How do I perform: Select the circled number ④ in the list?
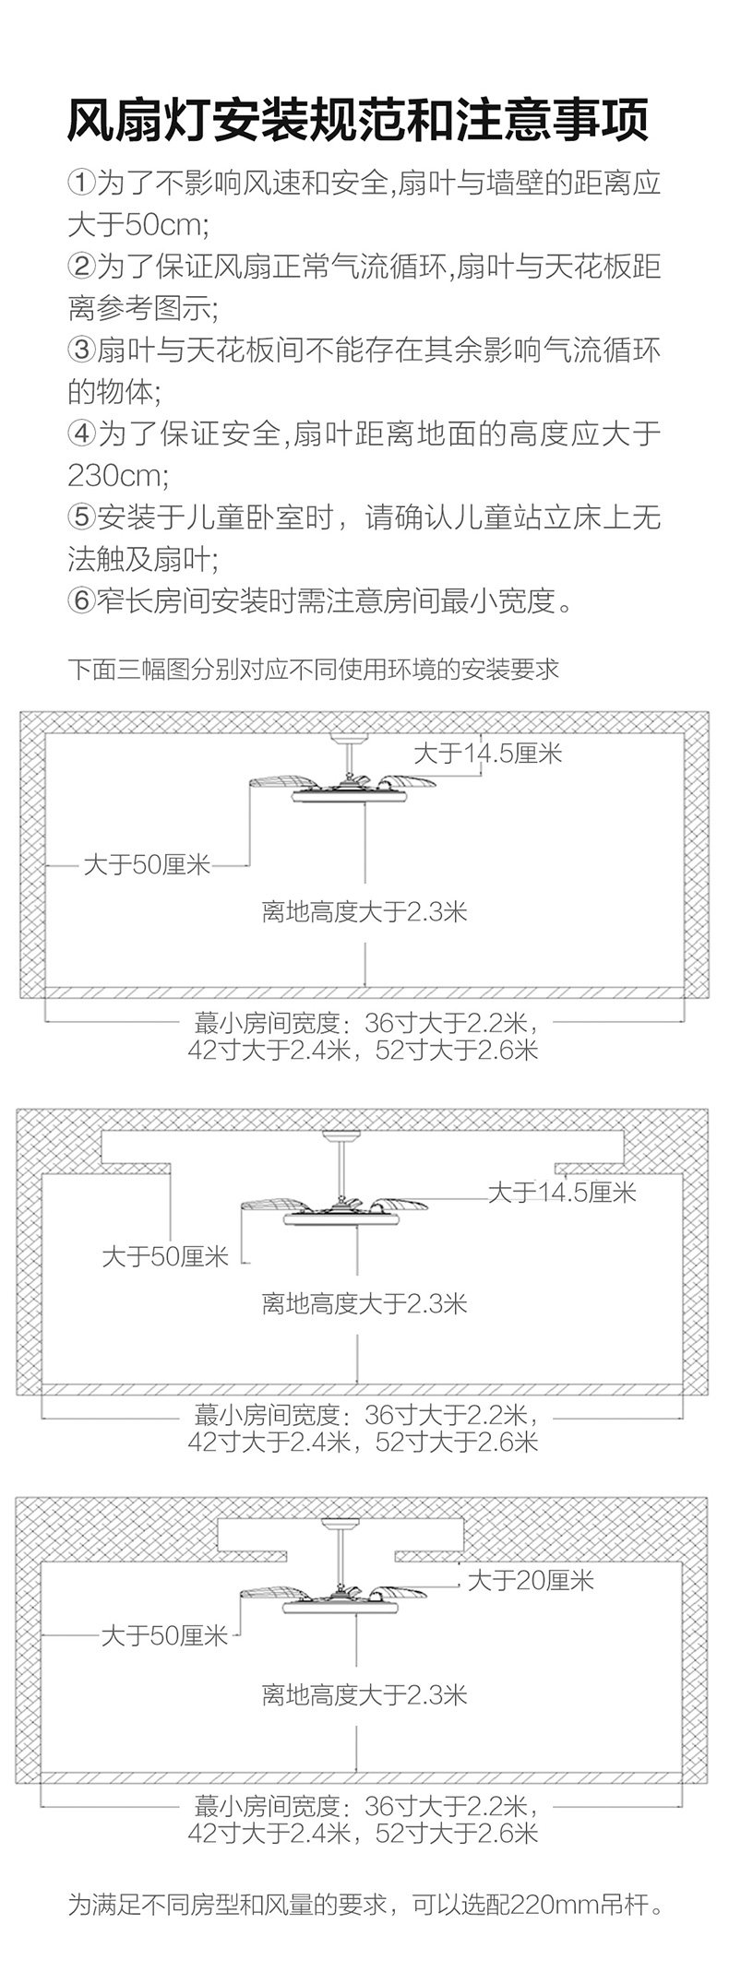(x=81, y=434)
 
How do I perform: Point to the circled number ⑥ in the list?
(x=81, y=601)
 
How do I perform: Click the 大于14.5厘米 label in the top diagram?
(x=487, y=754)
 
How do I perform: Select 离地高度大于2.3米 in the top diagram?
(x=364, y=912)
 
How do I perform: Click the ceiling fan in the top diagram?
(x=342, y=783)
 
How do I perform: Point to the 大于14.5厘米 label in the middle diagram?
(x=562, y=1193)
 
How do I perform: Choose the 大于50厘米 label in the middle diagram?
(x=165, y=1256)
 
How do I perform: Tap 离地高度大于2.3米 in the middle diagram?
(x=364, y=1303)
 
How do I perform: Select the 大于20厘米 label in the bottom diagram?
(x=531, y=1581)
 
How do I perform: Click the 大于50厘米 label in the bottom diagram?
(x=164, y=1637)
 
